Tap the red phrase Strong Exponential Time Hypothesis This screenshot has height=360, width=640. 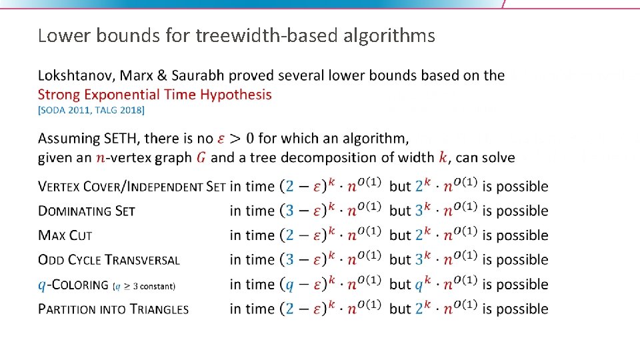pyautogui.click(x=155, y=95)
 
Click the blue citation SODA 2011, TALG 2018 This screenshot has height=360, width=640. pyautogui.click(x=91, y=110)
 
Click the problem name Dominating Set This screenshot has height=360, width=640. pyautogui.click(x=87, y=211)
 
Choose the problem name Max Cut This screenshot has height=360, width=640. pyautogui.click(x=65, y=235)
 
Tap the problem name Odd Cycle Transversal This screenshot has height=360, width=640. pyautogui.click(x=109, y=260)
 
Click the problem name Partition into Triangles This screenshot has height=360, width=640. pyautogui.click(x=113, y=309)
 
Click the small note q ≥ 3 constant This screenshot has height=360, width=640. pyautogui.click(x=145, y=286)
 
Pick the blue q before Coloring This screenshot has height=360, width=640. pyautogui.click(x=42, y=285)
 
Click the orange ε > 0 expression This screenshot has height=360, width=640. pyautogui.click(x=235, y=139)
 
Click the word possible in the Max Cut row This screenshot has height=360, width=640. pyautogui.click(x=522, y=235)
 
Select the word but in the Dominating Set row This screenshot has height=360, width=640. pyautogui.click(x=400, y=211)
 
